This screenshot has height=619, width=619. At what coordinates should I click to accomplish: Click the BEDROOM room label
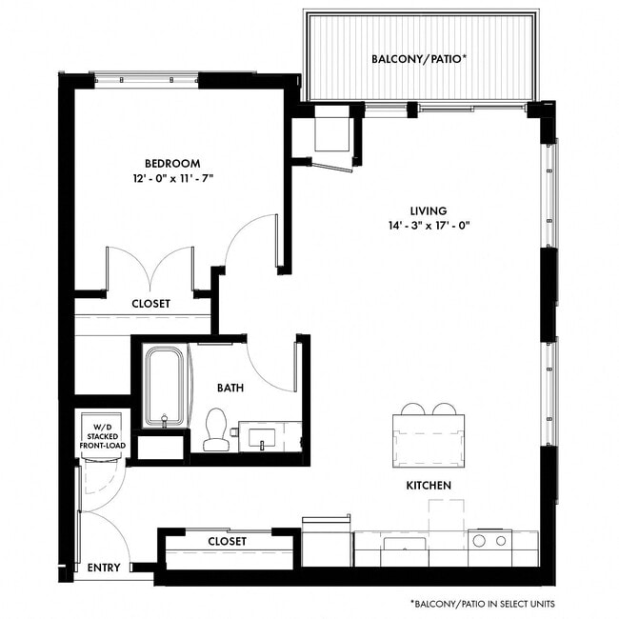click(x=171, y=162)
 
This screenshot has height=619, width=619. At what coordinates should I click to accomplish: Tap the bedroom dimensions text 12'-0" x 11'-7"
click(x=171, y=179)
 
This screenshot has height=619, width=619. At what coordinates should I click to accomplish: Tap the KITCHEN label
click(x=429, y=486)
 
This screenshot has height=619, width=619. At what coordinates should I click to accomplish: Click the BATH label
click(x=230, y=388)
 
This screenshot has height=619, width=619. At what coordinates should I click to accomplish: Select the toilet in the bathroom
click(x=216, y=429)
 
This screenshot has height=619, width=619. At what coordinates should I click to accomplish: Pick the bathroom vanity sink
click(x=263, y=438)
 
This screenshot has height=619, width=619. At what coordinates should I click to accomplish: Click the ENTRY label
click(x=103, y=568)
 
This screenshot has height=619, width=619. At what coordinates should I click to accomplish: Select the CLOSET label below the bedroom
click(x=150, y=304)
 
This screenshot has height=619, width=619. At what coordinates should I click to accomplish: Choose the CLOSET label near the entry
click(x=227, y=541)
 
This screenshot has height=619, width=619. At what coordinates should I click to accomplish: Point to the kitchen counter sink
click(x=405, y=544)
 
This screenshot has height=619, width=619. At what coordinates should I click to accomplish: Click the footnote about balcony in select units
click(x=482, y=604)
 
